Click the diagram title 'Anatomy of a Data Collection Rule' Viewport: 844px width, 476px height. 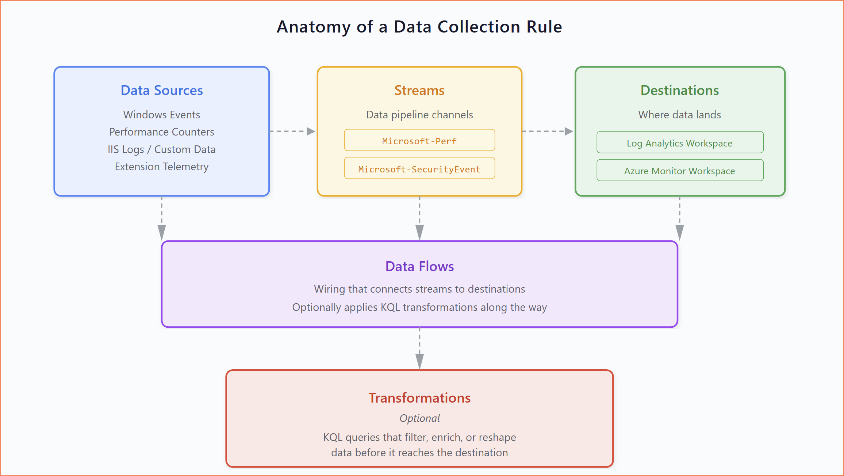[419, 27]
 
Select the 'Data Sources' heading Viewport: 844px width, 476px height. [162, 90]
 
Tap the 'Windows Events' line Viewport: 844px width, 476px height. [162, 115]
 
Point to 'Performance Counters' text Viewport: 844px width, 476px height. [162, 132]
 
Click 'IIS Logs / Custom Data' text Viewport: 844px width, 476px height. [162, 149]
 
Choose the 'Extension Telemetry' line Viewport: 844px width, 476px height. [162, 167]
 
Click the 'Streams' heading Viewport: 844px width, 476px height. [419, 90]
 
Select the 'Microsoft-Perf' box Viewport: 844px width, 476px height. [419, 140]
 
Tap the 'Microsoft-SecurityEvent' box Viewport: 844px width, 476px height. [419, 168]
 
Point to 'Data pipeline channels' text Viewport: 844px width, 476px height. [419, 115]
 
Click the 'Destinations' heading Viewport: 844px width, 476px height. [680, 90]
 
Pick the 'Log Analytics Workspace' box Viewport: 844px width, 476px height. [680, 142]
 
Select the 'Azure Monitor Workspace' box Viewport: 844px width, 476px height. [680, 171]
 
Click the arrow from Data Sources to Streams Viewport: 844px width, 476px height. [292, 131]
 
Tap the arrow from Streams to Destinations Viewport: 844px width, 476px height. [548, 131]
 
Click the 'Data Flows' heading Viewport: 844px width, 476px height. [419, 266]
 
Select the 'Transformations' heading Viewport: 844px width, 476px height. [419, 398]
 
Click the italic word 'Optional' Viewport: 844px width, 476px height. [419, 418]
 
